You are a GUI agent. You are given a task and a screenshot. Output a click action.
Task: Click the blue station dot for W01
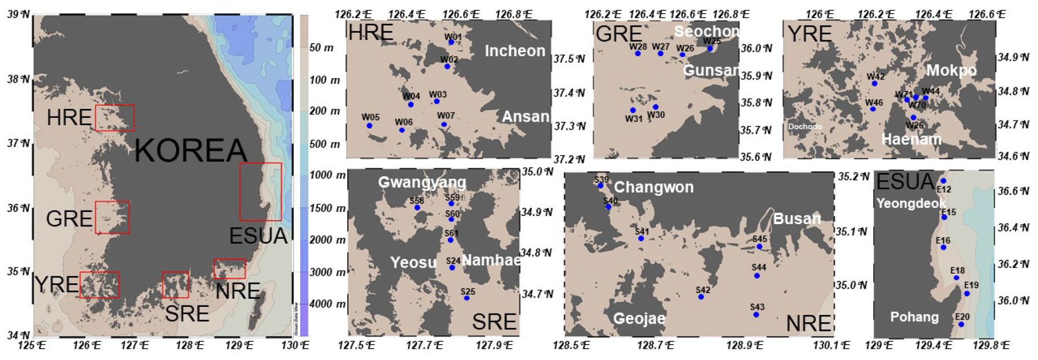(451, 42)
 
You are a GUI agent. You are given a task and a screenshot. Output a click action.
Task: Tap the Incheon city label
(515, 51)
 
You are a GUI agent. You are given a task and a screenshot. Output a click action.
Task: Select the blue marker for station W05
(369, 126)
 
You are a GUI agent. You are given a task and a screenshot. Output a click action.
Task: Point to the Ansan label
(525, 116)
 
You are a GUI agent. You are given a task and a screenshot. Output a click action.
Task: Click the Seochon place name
(706, 31)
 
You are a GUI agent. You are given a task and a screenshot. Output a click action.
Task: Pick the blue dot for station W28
(638, 54)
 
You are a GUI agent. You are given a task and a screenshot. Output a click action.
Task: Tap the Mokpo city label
(951, 70)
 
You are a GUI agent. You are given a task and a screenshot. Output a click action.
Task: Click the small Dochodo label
(805, 127)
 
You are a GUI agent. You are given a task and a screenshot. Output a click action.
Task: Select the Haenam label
(911, 139)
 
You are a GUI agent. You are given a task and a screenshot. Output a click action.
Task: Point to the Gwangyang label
(422, 182)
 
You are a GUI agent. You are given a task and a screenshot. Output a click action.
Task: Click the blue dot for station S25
(467, 298)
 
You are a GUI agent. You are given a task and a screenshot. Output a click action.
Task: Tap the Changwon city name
(654, 187)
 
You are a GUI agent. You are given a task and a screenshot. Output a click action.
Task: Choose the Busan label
(796, 219)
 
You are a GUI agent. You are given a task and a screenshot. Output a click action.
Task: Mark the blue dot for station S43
(756, 315)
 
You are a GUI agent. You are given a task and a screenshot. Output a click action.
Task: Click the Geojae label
(639, 319)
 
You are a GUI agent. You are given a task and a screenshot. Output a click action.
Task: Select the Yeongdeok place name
(911, 203)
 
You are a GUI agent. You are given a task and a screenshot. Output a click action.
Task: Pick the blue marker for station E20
(961, 325)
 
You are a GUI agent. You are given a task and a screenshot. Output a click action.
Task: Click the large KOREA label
(190, 151)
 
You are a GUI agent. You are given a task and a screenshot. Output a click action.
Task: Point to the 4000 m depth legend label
(325, 304)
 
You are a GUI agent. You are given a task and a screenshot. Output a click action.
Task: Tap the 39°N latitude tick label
(19, 14)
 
